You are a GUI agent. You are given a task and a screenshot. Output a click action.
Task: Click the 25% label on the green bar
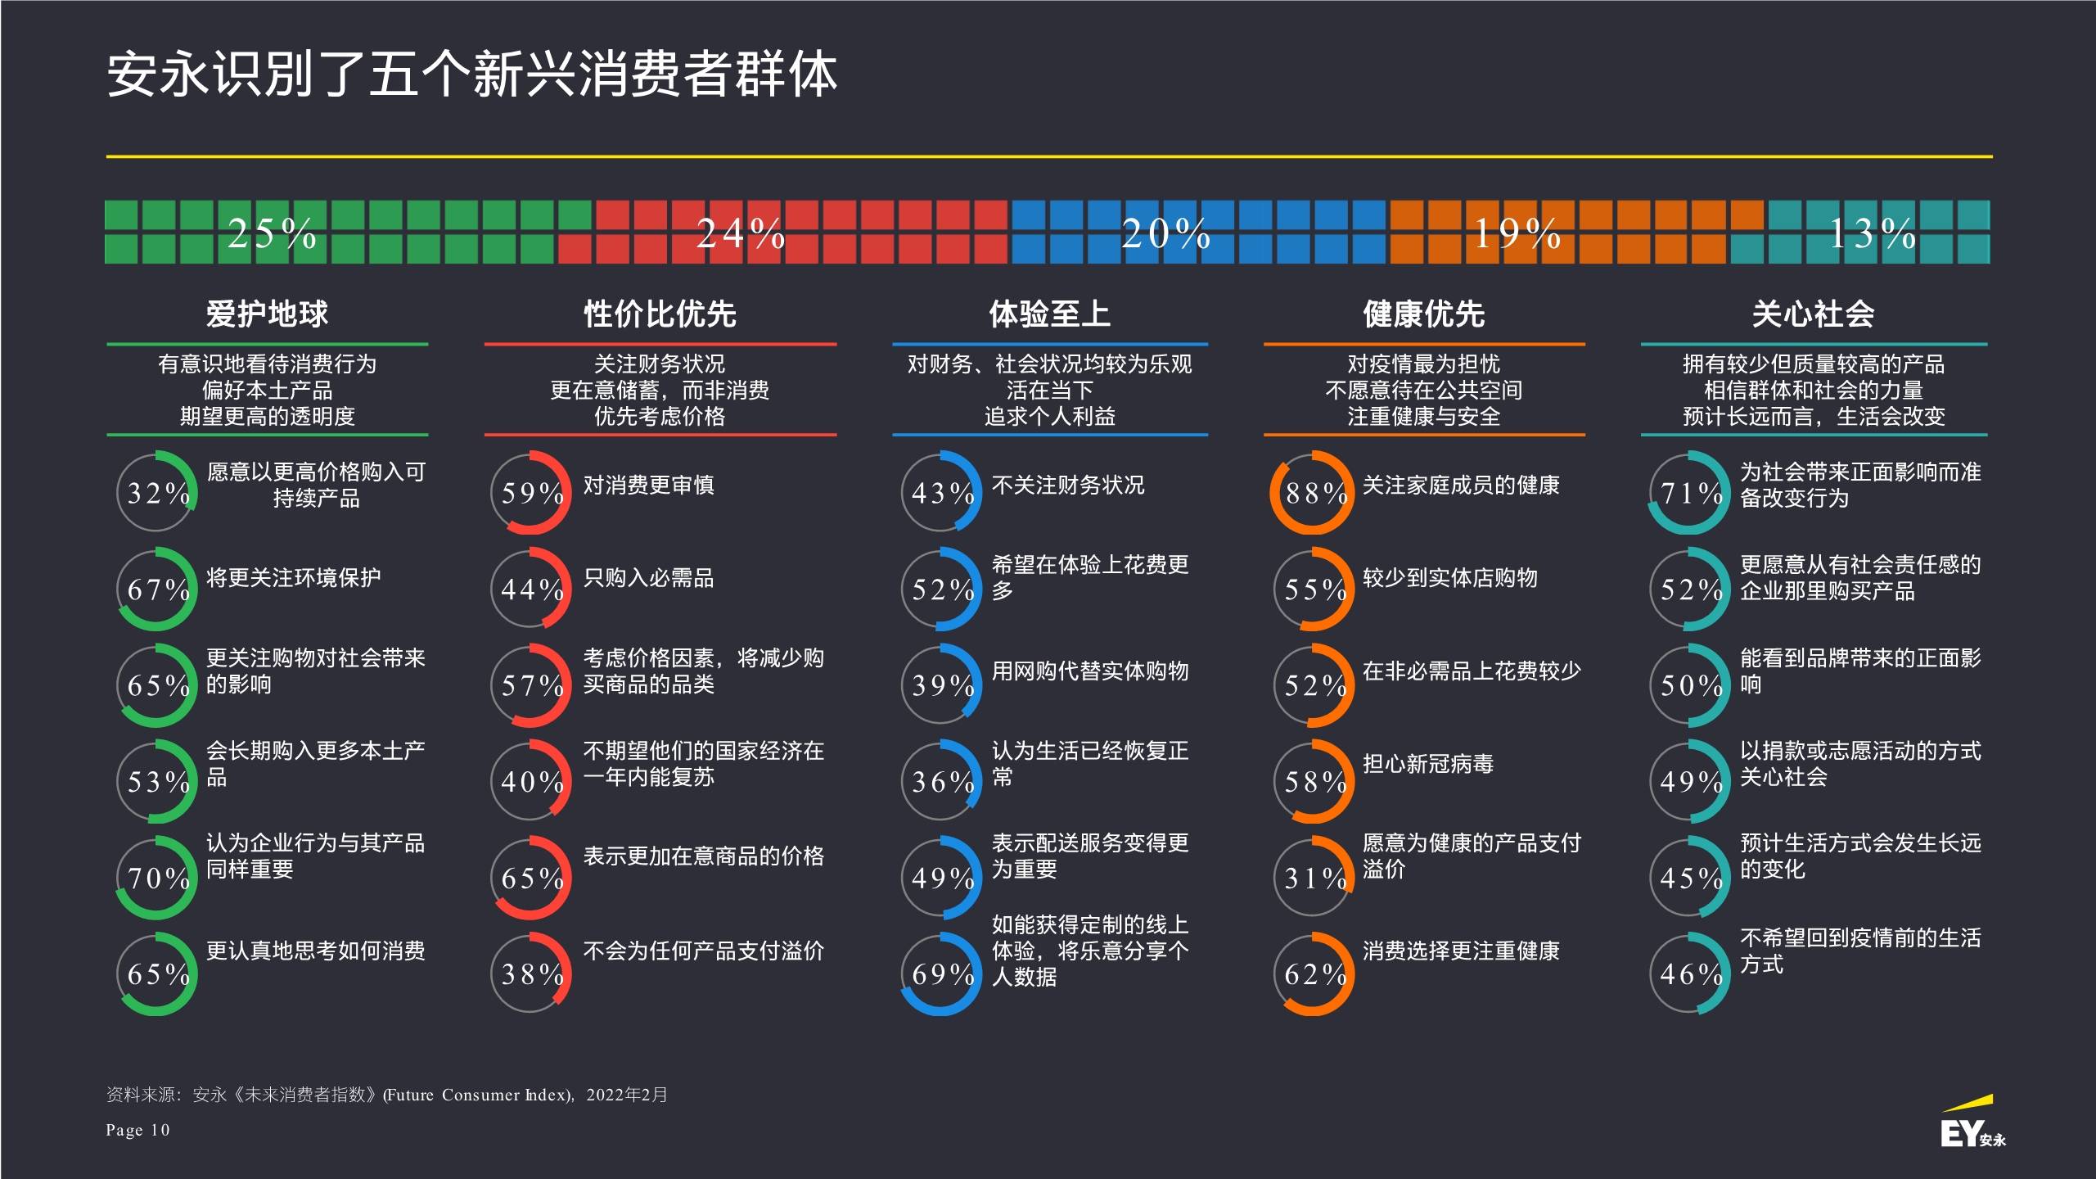pyautogui.click(x=272, y=233)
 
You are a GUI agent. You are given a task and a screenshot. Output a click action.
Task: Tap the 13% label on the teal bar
pyautogui.click(x=1872, y=233)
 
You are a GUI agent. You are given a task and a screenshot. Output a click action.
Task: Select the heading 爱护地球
pyautogui.click(x=267, y=314)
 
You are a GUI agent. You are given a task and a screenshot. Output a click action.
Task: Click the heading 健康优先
pyautogui.click(x=1423, y=314)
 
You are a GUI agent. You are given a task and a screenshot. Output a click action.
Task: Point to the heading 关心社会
pyautogui.click(x=1813, y=314)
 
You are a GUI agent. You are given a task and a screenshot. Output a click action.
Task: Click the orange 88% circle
pyautogui.click(x=1311, y=492)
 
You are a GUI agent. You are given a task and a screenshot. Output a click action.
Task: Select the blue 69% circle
pyautogui.click(x=940, y=973)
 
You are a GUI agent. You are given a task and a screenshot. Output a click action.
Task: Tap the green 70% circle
pyautogui.click(x=156, y=878)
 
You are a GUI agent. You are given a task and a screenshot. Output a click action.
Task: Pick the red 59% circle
pyautogui.click(x=530, y=492)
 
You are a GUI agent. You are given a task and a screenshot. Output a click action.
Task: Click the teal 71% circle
pyautogui.click(x=1688, y=492)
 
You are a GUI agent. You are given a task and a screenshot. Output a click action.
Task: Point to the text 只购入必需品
pyautogui.click(x=648, y=578)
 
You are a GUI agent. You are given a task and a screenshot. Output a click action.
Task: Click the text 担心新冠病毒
pyautogui.click(x=1427, y=764)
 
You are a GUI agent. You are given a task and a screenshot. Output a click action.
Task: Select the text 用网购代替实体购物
pyautogui.click(x=1089, y=671)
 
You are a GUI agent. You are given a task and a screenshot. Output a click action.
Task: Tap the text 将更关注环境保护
pyautogui.click(x=293, y=578)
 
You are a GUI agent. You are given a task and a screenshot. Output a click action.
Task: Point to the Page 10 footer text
pyautogui.click(x=137, y=1131)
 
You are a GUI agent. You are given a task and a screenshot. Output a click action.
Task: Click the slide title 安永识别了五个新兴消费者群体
pyautogui.click(x=472, y=75)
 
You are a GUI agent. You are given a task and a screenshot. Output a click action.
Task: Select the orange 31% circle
pyautogui.click(x=1311, y=878)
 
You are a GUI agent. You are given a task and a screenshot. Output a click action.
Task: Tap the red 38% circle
pyautogui.click(x=530, y=973)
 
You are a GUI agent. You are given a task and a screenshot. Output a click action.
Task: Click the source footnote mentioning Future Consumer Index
pyautogui.click(x=386, y=1095)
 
